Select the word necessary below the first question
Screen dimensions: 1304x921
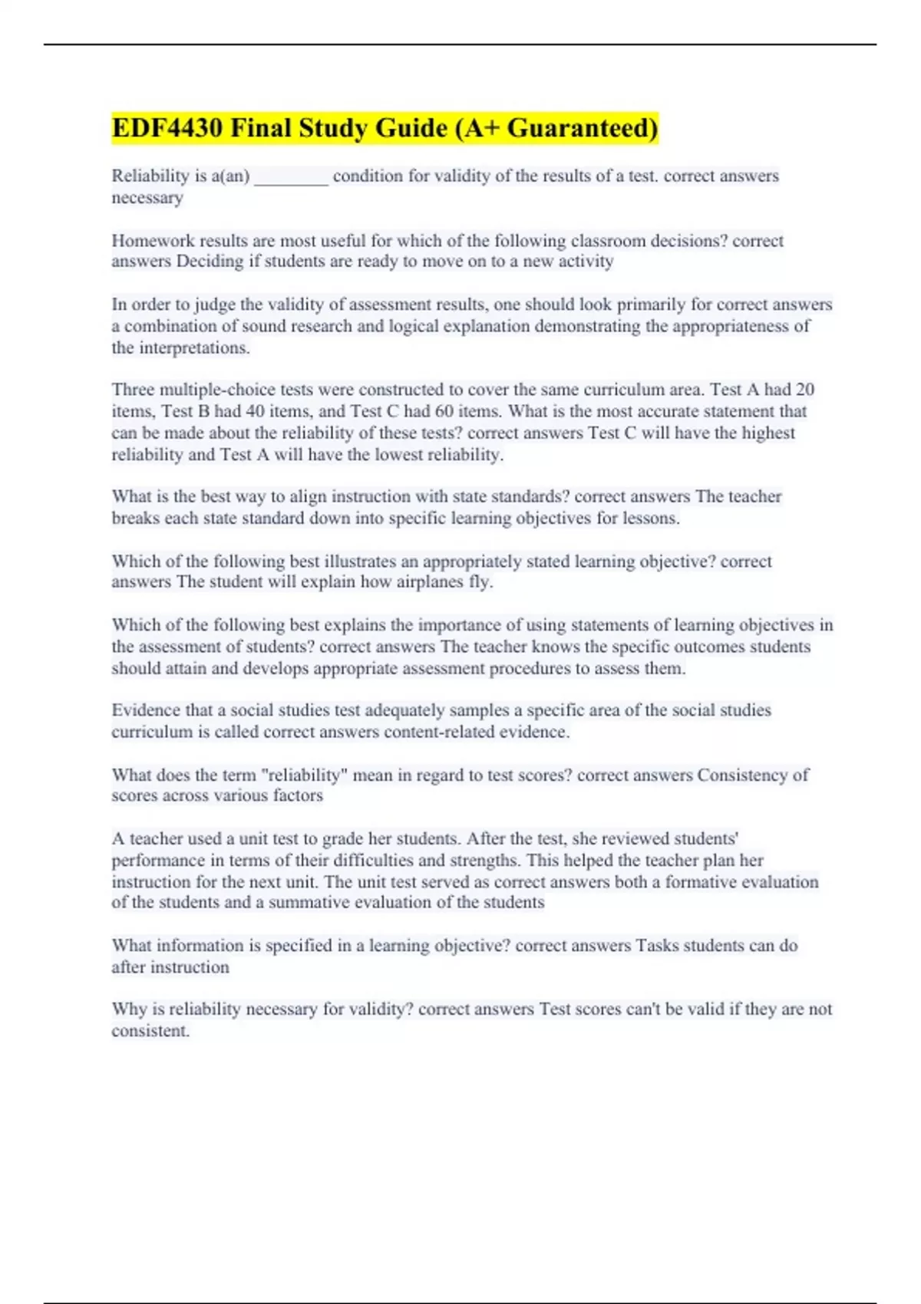147,198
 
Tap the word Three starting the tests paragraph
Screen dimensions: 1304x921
133,390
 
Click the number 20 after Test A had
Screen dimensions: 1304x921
804,390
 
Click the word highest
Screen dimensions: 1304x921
766,433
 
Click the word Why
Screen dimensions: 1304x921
127,1009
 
